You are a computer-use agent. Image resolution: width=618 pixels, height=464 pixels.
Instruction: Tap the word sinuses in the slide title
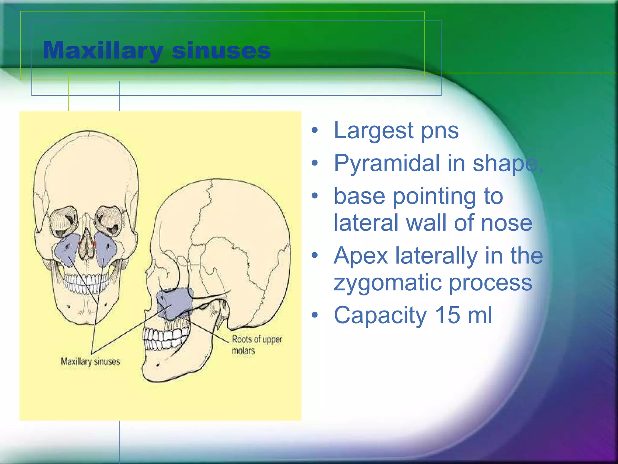[x=221, y=50]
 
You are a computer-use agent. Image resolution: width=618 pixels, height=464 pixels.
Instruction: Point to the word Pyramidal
[x=387, y=163]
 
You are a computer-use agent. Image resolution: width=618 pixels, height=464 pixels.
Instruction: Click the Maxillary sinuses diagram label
[x=90, y=362]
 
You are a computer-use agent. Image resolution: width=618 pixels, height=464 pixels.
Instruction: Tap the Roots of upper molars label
[x=256, y=345]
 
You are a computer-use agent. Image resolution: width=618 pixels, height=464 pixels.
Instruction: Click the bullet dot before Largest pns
[x=315, y=130]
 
